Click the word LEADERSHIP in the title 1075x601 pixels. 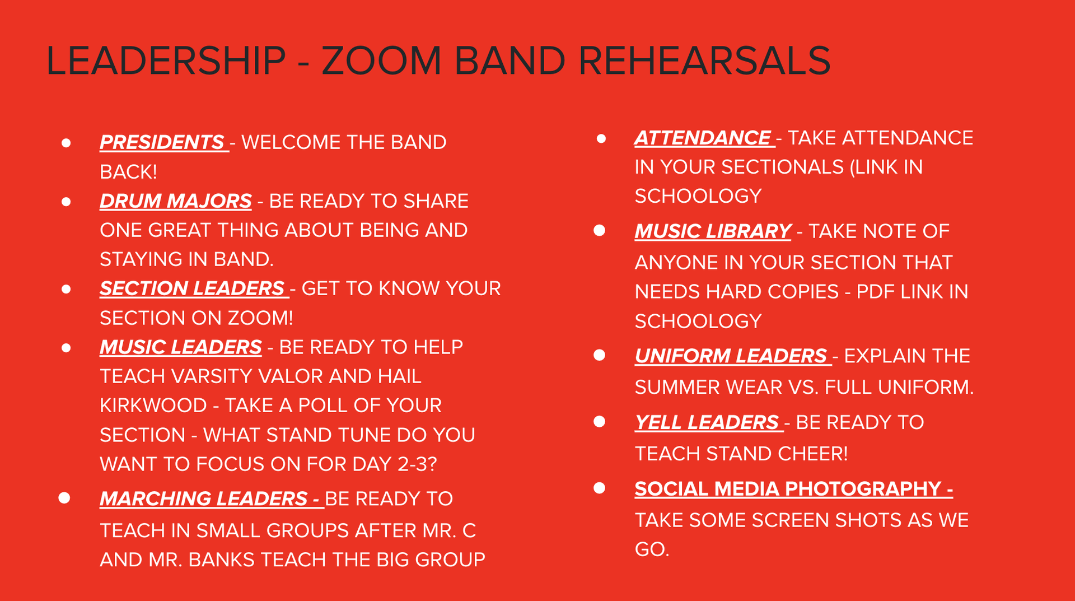click(166, 60)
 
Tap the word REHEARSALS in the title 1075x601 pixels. click(704, 60)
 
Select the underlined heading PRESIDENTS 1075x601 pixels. click(162, 142)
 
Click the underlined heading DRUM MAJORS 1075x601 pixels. click(176, 201)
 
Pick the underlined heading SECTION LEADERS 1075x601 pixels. click(192, 288)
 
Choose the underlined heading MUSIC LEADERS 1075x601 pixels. click(181, 347)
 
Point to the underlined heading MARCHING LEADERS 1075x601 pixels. click(204, 498)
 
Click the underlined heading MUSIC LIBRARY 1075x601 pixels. click(713, 231)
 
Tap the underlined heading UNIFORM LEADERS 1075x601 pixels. click(731, 356)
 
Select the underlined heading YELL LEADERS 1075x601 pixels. click(707, 422)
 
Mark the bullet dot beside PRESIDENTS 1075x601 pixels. click(66, 143)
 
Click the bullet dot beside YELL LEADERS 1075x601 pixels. click(600, 421)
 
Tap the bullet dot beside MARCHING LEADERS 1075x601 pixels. click(64, 497)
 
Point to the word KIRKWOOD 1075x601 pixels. click(153, 406)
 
